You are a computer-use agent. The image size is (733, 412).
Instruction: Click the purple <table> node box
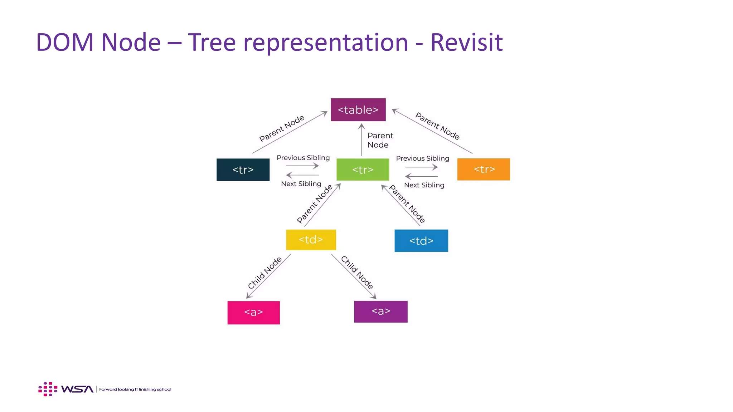tap(358, 110)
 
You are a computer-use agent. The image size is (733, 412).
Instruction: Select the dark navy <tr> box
tap(243, 170)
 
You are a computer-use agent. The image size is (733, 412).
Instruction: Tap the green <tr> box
tap(363, 170)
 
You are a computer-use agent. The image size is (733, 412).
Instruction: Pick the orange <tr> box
tap(484, 169)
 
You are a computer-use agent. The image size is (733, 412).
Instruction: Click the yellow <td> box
tap(311, 240)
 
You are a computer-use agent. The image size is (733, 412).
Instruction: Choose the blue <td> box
tap(421, 241)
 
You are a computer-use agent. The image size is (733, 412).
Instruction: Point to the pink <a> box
tap(254, 313)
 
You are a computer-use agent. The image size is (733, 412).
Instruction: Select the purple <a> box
tap(381, 312)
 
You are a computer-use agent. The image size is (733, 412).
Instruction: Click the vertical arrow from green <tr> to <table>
tap(361, 140)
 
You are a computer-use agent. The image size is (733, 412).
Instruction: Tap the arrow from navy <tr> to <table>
tap(290, 132)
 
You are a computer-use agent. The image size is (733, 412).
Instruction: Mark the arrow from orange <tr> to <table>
tap(432, 131)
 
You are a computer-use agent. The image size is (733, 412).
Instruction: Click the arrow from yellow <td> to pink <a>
tap(268, 276)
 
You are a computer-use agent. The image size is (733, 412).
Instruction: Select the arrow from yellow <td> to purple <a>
tap(354, 276)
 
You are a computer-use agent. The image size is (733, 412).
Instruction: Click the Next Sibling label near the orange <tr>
tap(424, 185)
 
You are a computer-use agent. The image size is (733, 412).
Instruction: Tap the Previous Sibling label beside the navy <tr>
tap(303, 158)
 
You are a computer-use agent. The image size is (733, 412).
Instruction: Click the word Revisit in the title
tap(467, 42)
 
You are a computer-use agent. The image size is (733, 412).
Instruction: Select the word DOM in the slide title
tap(65, 42)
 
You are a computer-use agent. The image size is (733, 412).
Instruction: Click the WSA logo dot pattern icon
tap(48, 389)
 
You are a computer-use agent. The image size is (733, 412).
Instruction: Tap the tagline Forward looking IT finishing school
tap(135, 389)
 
